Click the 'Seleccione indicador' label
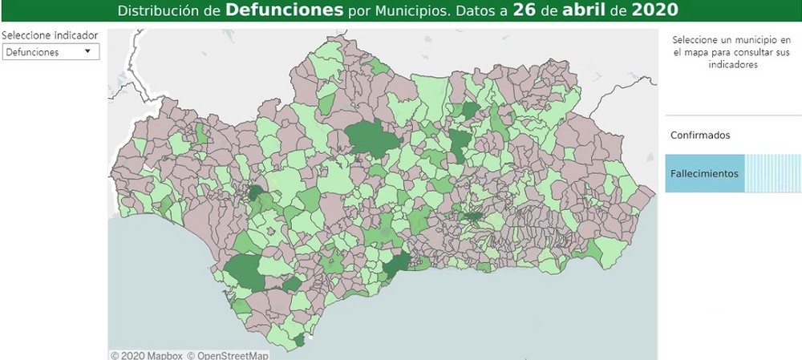(x=50, y=35)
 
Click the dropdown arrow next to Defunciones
(x=87, y=51)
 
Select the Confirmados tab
(x=700, y=136)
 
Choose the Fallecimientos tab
(x=704, y=174)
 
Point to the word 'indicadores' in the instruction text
(x=733, y=65)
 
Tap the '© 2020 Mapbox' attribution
(x=147, y=355)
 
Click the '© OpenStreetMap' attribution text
(x=228, y=355)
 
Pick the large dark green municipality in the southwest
(x=245, y=273)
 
